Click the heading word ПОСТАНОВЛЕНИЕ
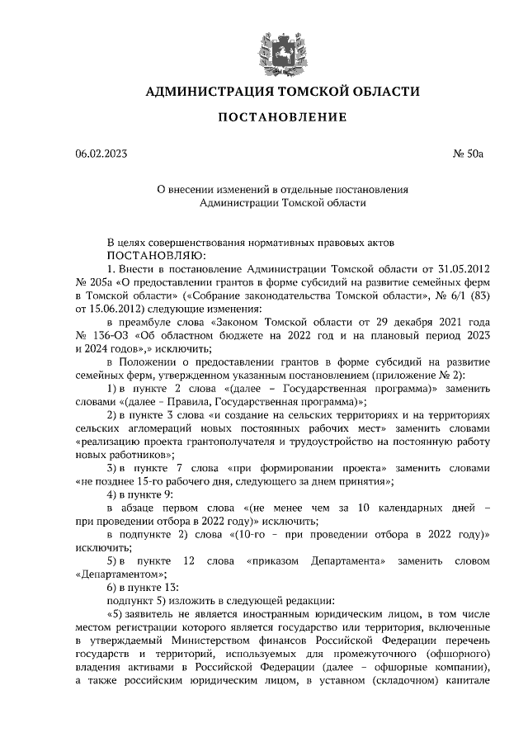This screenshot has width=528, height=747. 282,118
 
